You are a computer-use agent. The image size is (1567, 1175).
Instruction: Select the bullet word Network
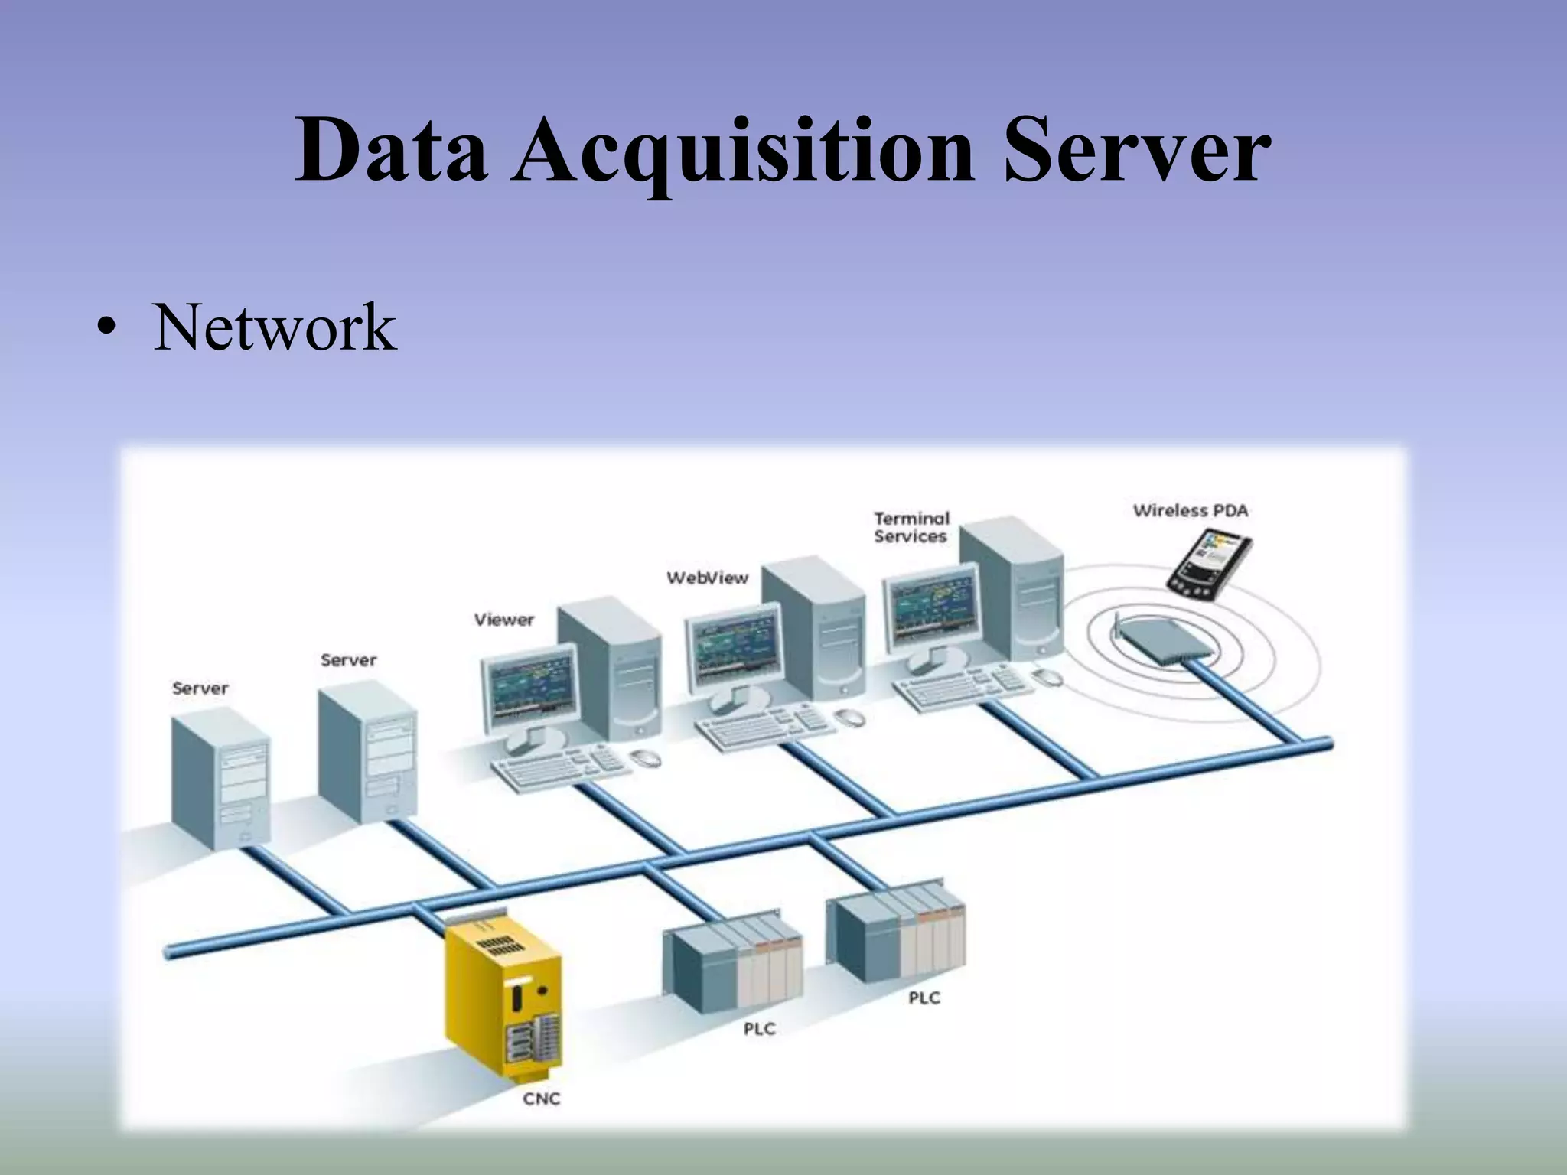tap(275, 327)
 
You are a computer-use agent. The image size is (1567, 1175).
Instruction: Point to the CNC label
tap(542, 1099)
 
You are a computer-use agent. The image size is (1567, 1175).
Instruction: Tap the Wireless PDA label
tap(1190, 510)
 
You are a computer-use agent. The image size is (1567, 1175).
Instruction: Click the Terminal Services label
tap(911, 527)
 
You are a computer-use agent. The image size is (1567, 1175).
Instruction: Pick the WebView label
tap(707, 578)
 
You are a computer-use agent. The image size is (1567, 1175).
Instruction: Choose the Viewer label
tap(503, 619)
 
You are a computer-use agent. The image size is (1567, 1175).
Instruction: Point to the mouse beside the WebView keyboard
tap(849, 718)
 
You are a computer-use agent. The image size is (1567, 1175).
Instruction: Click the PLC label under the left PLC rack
tap(759, 1029)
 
